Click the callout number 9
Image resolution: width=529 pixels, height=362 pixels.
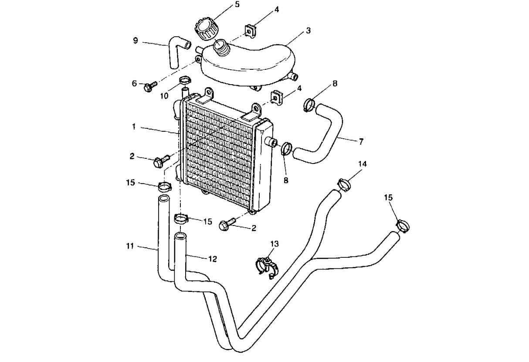(x=136, y=41)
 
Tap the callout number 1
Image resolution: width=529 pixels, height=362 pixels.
(x=135, y=127)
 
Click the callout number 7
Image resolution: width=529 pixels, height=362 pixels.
(x=361, y=142)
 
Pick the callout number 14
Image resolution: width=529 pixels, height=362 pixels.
(x=363, y=164)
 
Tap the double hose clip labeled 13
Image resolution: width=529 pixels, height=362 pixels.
(x=267, y=266)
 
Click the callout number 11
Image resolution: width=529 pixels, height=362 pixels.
(x=129, y=247)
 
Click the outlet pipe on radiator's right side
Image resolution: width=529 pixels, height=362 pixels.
(x=272, y=142)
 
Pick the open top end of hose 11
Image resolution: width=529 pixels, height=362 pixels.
(x=163, y=199)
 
